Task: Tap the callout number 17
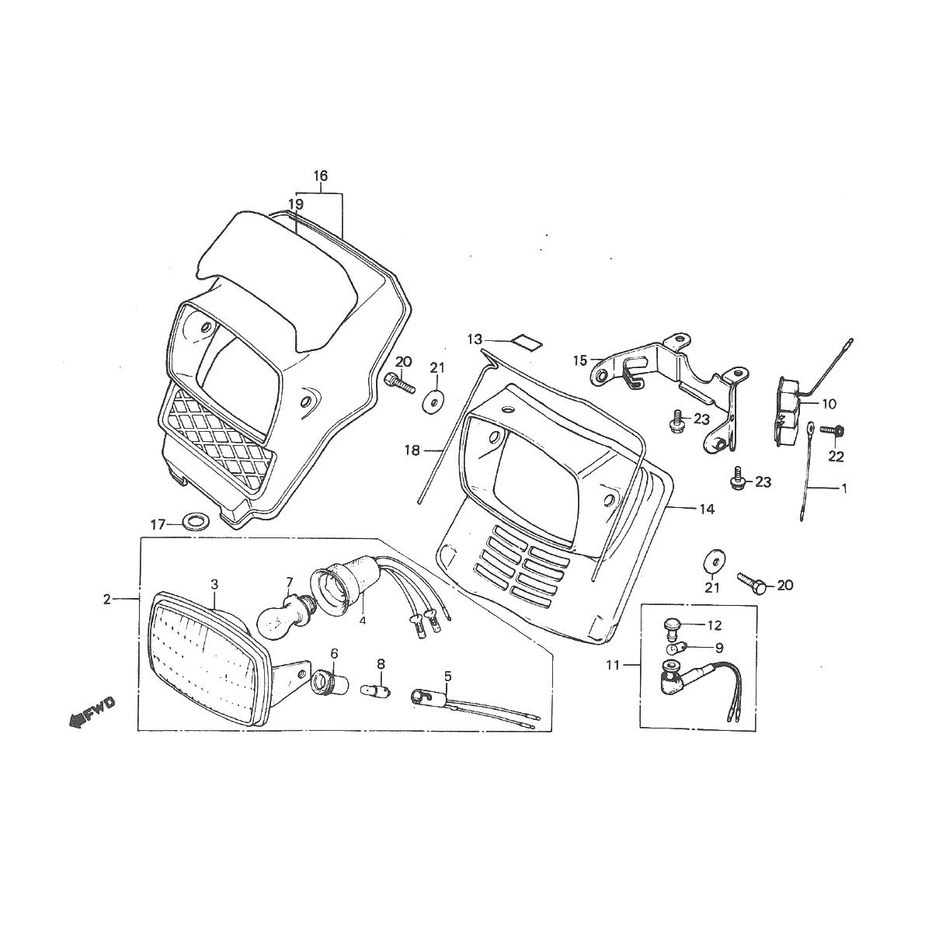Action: (158, 525)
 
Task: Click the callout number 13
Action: (475, 339)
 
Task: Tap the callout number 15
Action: (579, 360)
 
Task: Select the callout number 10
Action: (828, 404)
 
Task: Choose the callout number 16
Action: (321, 176)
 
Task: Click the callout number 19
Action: (295, 203)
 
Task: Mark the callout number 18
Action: (412, 450)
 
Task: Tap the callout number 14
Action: (706, 509)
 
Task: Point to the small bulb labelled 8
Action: (378, 688)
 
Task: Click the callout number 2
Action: (107, 599)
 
